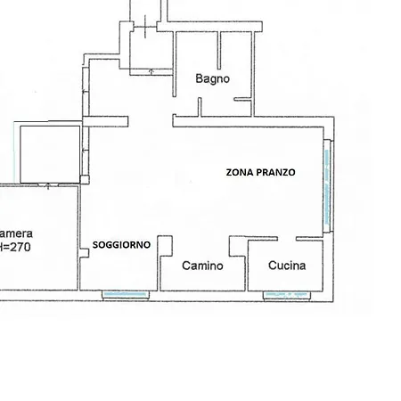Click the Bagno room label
pyautogui.click(x=212, y=79)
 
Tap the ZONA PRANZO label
pyautogui.click(x=260, y=172)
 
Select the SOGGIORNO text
pyautogui.click(x=121, y=245)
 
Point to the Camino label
pyautogui.click(x=202, y=266)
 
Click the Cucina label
pyautogui.click(x=287, y=266)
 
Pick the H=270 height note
pyautogui.click(x=15, y=247)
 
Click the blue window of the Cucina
pyautogui.click(x=287, y=295)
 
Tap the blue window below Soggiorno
pyautogui.click(x=126, y=294)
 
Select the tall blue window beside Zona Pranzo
pyautogui.click(x=327, y=186)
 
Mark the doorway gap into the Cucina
pyautogui.click(x=287, y=239)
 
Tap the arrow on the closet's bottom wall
pyautogui.click(x=48, y=186)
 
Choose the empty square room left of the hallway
pyautogui.click(x=50, y=154)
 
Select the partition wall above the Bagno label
pyautogui.click(x=219, y=50)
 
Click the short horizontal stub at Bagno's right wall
pyautogui.click(x=242, y=99)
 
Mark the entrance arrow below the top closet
pyautogui.click(x=151, y=71)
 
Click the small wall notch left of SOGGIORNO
pyautogui.click(x=85, y=253)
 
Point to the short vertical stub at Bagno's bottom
pyautogui.click(x=200, y=107)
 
